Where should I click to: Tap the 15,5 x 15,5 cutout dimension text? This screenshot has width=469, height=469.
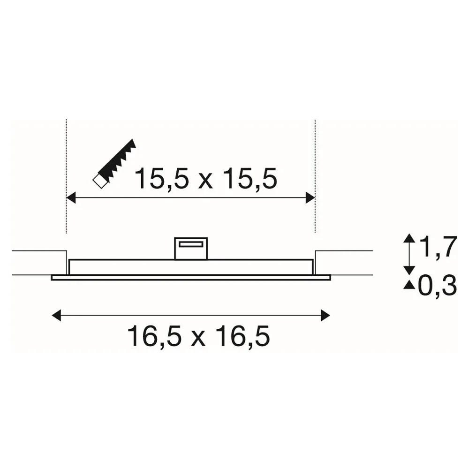[x=206, y=179]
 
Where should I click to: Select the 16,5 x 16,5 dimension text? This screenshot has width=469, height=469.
[x=198, y=336]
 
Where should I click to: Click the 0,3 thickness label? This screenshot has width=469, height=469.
[x=437, y=286]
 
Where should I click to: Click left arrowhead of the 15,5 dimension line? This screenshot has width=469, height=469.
[x=71, y=198]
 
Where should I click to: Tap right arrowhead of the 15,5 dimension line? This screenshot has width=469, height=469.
[x=310, y=198]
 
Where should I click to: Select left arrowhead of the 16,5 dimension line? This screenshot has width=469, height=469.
[x=57, y=315]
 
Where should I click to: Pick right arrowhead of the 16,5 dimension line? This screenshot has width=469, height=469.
[x=325, y=315]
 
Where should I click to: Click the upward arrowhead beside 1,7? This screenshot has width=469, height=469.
[x=409, y=238]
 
